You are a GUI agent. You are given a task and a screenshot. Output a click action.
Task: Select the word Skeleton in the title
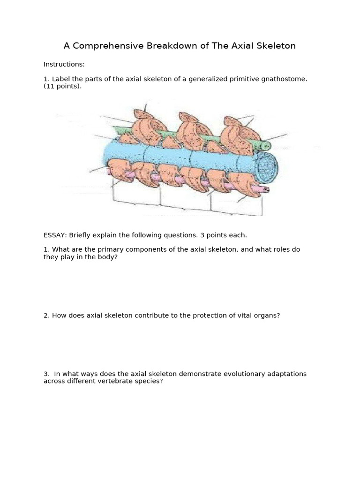click(276, 46)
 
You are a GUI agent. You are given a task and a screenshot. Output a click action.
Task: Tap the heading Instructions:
click(64, 64)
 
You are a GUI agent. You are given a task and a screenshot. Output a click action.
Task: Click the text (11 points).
click(62, 86)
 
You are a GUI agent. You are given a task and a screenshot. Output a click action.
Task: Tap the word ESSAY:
click(55, 235)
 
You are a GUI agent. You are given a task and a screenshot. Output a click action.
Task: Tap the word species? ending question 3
click(150, 381)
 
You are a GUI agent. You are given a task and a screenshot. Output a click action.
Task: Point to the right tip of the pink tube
click(266, 190)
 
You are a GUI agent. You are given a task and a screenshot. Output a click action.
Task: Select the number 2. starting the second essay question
click(46, 315)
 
